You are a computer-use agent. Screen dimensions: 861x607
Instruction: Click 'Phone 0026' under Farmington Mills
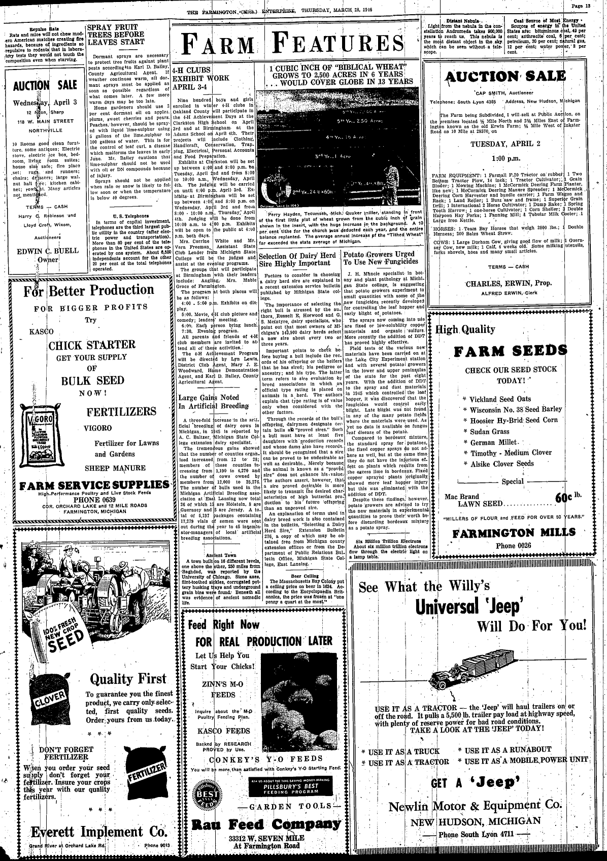pyautogui.click(x=513, y=545)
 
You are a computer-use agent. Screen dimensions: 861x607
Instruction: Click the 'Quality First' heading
pyautogui.click(x=128, y=679)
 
